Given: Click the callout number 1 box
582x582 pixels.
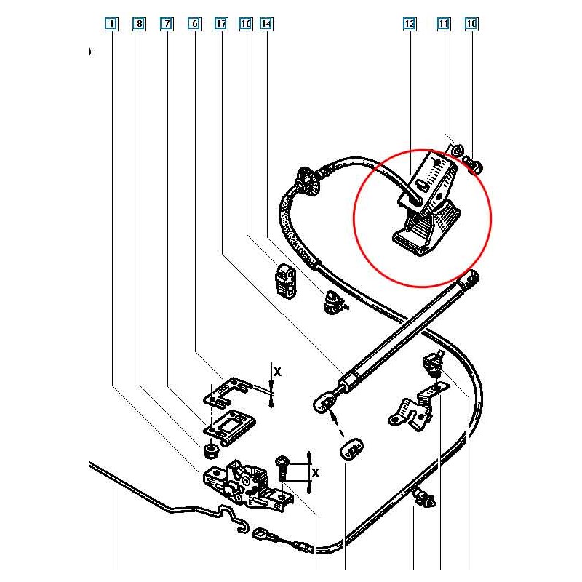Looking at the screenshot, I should (111, 24).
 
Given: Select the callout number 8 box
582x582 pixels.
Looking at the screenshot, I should (139, 24).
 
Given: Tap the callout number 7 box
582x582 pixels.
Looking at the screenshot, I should (167, 24).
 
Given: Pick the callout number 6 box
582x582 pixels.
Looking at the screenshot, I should (194, 24).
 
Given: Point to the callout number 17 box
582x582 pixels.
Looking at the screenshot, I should (222, 24).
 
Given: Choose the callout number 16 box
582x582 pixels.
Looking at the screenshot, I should (245, 24).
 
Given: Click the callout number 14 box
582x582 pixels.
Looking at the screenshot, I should (266, 24).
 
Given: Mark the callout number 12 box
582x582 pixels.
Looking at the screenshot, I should (410, 24).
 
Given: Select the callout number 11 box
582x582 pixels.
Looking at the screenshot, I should (444, 24).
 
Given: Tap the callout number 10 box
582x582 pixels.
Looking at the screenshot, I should (471, 24).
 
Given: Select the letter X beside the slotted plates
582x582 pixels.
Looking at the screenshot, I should (276, 371).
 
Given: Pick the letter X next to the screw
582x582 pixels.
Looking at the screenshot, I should (315, 472).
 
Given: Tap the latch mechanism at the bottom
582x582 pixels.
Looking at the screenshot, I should (244, 484).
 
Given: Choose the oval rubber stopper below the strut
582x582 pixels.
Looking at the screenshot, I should (351, 449).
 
